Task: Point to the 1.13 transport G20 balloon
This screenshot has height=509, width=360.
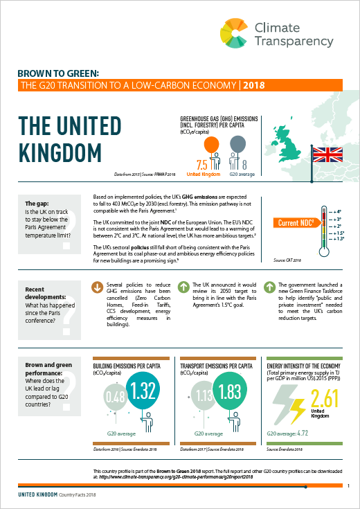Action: [202, 397]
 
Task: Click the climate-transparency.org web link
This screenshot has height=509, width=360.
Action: [187, 476]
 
